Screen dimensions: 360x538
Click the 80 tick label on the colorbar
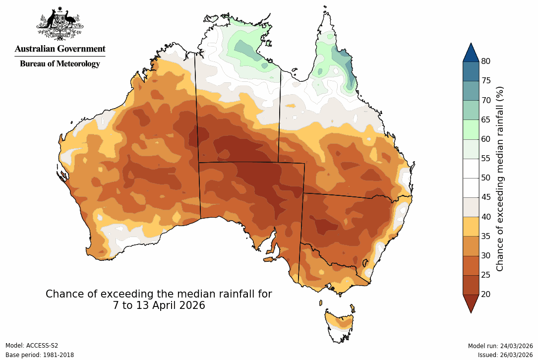pyautogui.click(x=485, y=61)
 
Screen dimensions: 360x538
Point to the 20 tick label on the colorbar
pyautogui.click(x=485, y=294)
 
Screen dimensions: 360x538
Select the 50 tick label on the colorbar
pyautogui.click(x=485, y=178)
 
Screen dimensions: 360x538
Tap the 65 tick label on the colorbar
pyautogui.click(x=485, y=120)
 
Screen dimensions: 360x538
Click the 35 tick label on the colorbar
pyautogui.click(x=485, y=236)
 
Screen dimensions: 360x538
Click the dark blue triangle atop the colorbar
pyautogui.click(x=471, y=53)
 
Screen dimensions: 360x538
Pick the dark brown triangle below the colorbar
pyautogui.click(x=471, y=302)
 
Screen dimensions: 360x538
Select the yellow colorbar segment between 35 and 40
pyautogui.click(x=471, y=226)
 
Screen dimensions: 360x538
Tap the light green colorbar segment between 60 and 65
pyautogui.click(x=471, y=129)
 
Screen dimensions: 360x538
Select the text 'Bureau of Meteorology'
pyautogui.click(x=60, y=63)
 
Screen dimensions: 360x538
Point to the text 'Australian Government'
pyautogui.click(x=60, y=49)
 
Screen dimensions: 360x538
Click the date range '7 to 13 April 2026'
pyautogui.click(x=159, y=306)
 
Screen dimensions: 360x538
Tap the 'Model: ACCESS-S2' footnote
pyautogui.click(x=32, y=346)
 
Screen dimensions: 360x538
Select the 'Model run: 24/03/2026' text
pyautogui.click(x=500, y=346)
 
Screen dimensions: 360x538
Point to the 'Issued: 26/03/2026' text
pyautogui.click(x=505, y=355)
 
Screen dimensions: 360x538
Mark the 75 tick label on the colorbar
pyautogui.click(x=485, y=81)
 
